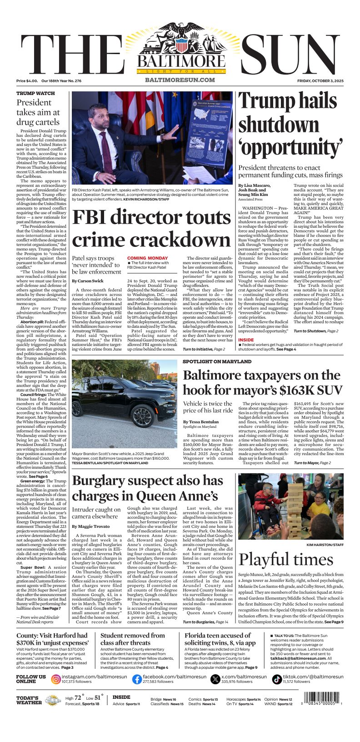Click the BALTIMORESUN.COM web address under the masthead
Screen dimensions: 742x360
pyautogui.click(x=180, y=80)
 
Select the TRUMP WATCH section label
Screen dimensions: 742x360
pyautogui.click(x=35, y=93)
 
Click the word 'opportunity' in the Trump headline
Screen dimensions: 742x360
pyautogui.click(x=290, y=147)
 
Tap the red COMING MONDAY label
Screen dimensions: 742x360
pyautogui.click(x=147, y=258)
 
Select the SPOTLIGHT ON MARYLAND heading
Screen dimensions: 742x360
pyautogui.click(x=217, y=361)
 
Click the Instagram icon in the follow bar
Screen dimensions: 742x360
pyautogui.click(x=56, y=679)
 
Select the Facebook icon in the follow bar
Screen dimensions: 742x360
pyautogui.click(x=137, y=679)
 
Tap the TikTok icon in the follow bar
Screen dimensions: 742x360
pyautogui.click(x=277, y=679)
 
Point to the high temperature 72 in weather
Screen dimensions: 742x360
pyautogui.click(x=78, y=698)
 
